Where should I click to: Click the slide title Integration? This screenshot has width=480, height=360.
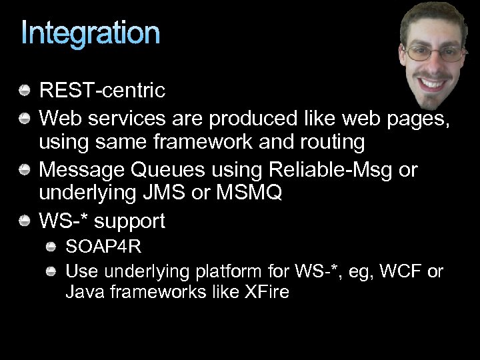(91, 33)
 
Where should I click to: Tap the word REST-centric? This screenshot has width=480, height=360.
(102, 89)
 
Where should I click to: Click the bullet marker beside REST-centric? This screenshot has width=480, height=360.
(24, 89)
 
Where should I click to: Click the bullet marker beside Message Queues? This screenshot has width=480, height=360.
(24, 170)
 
